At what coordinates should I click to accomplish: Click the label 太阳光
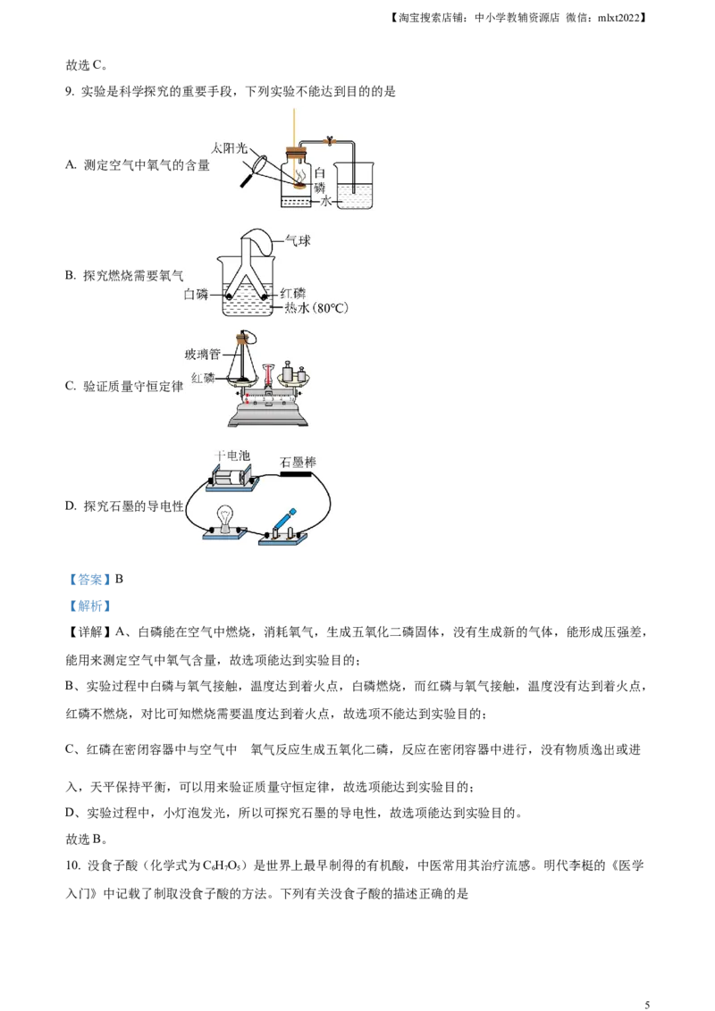coord(230,147)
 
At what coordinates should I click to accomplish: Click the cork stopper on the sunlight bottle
coord(295,153)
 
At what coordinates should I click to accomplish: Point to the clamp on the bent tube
coord(330,139)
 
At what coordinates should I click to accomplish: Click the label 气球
coord(298,240)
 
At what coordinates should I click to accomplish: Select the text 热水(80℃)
coord(315,309)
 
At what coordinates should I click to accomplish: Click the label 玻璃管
coord(202,355)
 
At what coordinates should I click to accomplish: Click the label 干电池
coord(231,455)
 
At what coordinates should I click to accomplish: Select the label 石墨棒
coord(298,462)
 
